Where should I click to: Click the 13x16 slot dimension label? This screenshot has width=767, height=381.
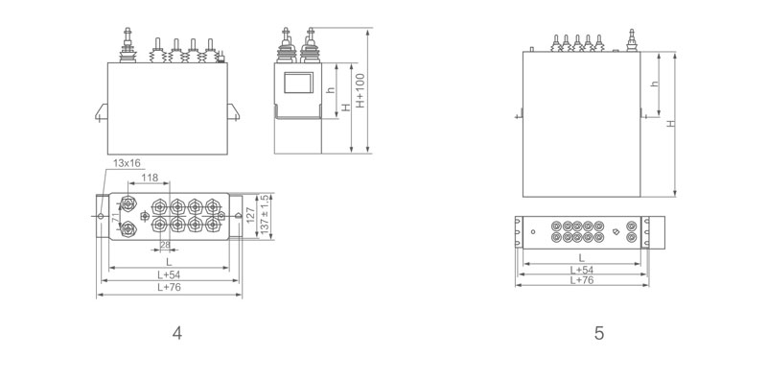coord(127,163)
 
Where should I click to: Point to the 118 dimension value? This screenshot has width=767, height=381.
coord(150,178)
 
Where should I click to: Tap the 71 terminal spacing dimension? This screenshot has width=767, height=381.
coord(115,218)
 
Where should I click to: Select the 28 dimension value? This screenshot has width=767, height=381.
coord(166,245)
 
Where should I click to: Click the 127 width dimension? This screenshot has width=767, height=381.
coord(250,216)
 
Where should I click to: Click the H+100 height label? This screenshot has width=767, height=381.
coord(360,90)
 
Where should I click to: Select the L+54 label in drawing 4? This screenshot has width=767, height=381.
coord(169,274)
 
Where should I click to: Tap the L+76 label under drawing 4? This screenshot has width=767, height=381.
coord(169,288)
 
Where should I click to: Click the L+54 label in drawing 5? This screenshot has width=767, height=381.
coord(582,270)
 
